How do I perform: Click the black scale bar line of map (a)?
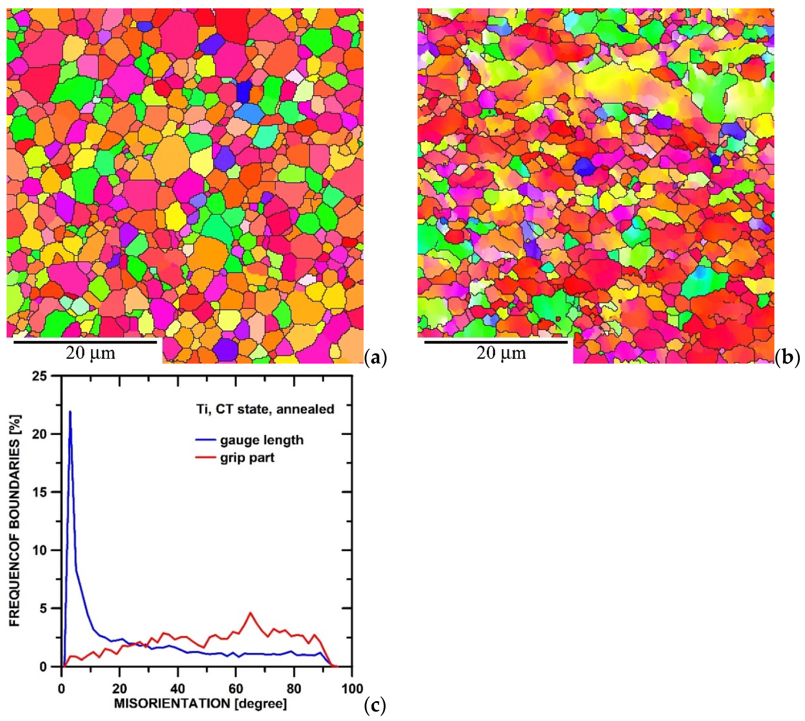pyautogui.click(x=85, y=342)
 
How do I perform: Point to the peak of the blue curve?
pyautogui.click(x=70, y=412)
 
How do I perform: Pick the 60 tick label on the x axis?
pyautogui.click(x=236, y=688)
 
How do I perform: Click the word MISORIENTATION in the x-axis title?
pyautogui.click(x=172, y=704)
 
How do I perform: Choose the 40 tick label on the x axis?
pyautogui.click(x=178, y=688)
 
